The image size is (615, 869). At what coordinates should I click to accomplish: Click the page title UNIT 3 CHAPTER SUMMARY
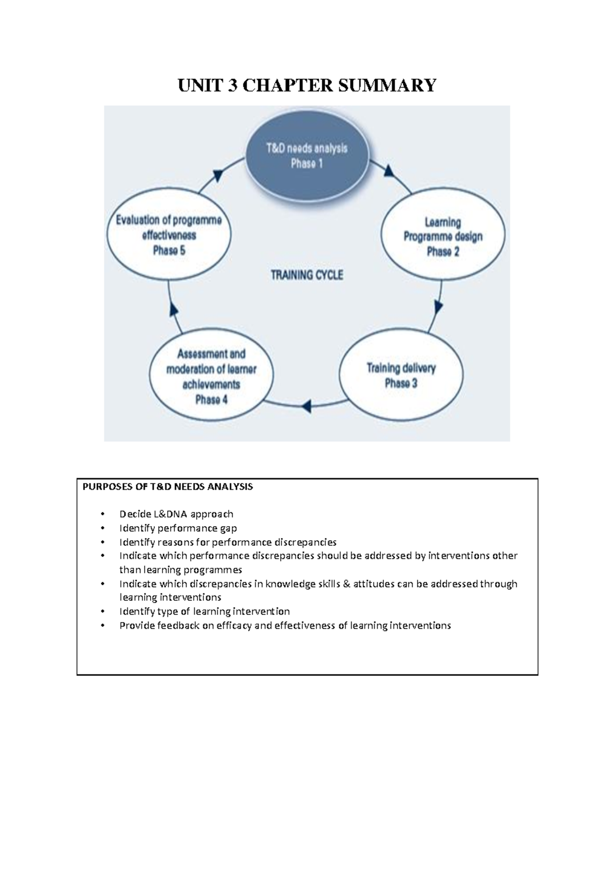307,85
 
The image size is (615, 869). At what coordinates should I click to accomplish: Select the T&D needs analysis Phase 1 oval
307,156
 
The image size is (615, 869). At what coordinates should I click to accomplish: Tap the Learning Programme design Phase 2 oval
443,237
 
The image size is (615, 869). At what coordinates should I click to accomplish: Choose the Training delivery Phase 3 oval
401,376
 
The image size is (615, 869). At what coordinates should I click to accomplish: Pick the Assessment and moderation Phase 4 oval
211,377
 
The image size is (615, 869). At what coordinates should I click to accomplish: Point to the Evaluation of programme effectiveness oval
169,235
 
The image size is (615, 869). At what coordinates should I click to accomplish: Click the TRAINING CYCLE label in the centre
307,275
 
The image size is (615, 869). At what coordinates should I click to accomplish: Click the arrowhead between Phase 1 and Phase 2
389,171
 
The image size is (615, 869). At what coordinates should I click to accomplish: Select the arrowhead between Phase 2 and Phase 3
439,307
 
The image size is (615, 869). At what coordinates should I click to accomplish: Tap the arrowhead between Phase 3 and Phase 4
306,407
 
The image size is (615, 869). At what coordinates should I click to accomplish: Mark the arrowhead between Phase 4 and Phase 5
173,308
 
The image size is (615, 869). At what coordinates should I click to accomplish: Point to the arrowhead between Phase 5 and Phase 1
217,175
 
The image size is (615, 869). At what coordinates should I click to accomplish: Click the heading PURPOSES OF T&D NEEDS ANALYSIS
168,487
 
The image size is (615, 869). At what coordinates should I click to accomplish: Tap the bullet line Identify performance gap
178,528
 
